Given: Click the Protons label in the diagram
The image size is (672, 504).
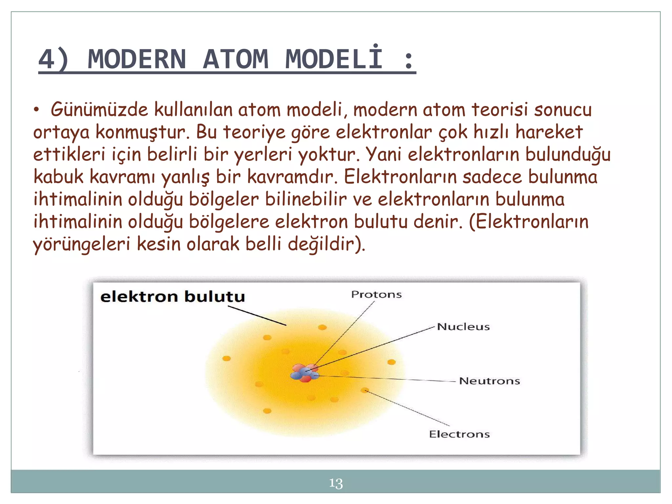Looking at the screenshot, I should coord(376,294).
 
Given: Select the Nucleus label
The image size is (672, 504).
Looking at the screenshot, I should coord(463,326).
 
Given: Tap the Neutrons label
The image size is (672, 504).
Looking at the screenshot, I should coord(489,381).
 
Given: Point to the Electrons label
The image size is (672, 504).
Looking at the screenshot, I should coord(459,434).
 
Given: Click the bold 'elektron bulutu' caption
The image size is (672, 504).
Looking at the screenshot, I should coord(173,296).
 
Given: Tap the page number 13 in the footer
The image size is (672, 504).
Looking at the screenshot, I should coord(336,483).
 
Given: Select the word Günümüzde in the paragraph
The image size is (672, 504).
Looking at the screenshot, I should coord(99,110).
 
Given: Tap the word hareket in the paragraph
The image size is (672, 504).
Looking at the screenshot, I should coord(549,132).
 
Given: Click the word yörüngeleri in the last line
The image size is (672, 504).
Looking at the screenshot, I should coord(81,244).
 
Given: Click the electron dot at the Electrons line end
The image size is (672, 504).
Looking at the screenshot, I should coord(365,390).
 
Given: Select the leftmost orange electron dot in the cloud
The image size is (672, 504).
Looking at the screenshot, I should coord(226,358).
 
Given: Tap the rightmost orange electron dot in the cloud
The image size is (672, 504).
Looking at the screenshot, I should coord(391,362).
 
